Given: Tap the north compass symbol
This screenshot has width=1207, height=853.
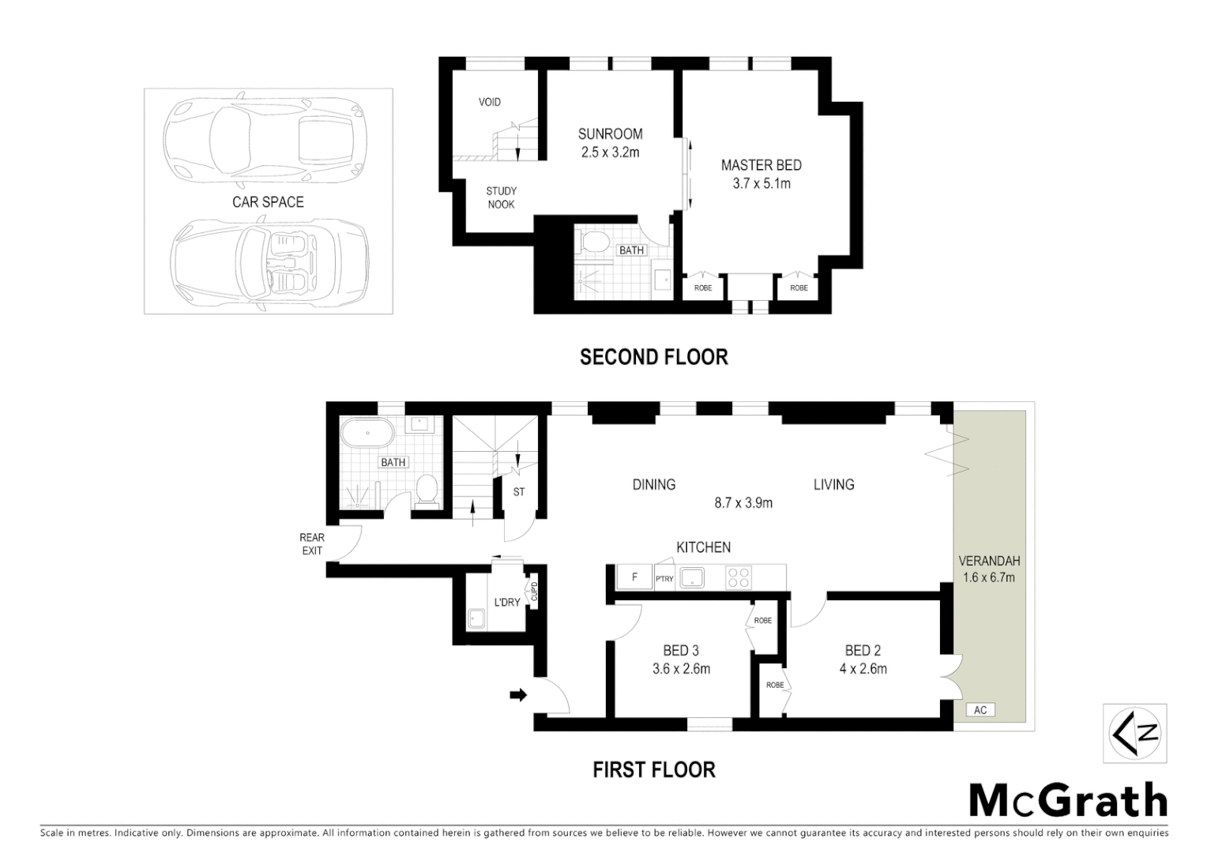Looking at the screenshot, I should click(x=1135, y=733).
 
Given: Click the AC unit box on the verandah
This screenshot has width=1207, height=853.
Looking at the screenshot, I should click(x=980, y=710).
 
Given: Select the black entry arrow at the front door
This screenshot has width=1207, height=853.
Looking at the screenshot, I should click(x=518, y=695).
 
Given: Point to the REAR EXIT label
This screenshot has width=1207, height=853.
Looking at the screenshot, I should click(x=312, y=544).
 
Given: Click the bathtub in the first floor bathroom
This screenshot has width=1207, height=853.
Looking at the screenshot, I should click(x=367, y=434).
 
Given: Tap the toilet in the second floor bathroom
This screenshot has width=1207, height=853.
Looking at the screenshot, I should click(x=593, y=240).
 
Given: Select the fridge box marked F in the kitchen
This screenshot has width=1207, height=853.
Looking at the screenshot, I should click(x=634, y=577).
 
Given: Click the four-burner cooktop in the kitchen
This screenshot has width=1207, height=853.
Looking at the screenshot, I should click(x=739, y=577).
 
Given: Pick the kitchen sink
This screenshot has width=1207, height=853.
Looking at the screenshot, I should click(x=693, y=577).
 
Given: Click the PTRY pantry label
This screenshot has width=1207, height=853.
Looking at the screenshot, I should click(x=664, y=579).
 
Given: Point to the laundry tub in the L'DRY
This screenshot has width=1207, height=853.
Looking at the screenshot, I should click(x=476, y=618).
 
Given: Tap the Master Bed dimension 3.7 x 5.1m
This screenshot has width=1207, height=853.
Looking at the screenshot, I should click(x=761, y=183).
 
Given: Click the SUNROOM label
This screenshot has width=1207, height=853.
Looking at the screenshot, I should click(x=610, y=134).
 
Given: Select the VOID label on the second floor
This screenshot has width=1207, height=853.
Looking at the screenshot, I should click(x=490, y=102).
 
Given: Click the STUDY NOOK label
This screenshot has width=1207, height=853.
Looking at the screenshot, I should click(x=501, y=197).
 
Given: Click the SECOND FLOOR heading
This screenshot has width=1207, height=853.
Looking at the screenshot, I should click(x=653, y=357).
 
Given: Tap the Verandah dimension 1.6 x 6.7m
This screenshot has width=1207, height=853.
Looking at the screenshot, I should click(x=989, y=577).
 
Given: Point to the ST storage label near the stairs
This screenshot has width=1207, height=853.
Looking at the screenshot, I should click(x=519, y=492).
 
